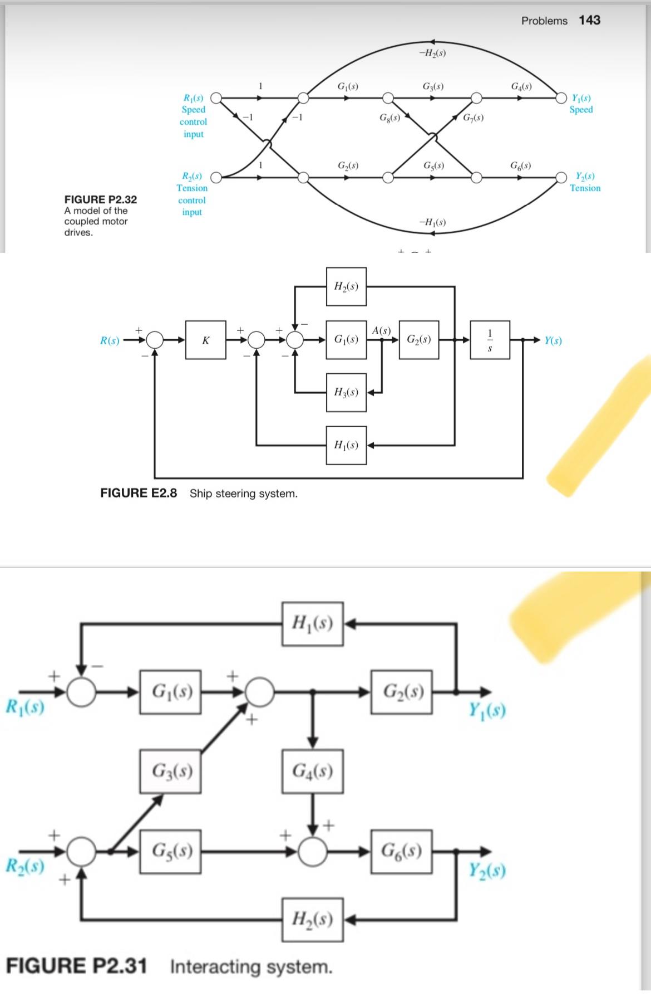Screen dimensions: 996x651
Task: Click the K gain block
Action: (206, 340)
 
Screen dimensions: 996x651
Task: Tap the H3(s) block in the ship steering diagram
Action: (346, 392)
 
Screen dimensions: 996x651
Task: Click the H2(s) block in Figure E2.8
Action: (346, 286)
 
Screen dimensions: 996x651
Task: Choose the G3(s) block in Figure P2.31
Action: (170, 772)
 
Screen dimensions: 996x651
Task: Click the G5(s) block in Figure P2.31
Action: (170, 851)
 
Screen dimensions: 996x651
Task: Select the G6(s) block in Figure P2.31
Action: (402, 851)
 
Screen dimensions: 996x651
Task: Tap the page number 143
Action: (589, 20)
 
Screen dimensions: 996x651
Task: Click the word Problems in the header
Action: (544, 21)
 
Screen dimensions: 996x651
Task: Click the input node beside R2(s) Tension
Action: (216, 178)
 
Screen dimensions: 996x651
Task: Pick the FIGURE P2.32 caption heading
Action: (101, 199)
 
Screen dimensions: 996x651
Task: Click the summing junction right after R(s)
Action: (156, 339)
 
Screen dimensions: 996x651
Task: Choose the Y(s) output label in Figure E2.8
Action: (553, 340)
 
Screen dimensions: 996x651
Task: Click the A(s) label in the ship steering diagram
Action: (381, 330)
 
